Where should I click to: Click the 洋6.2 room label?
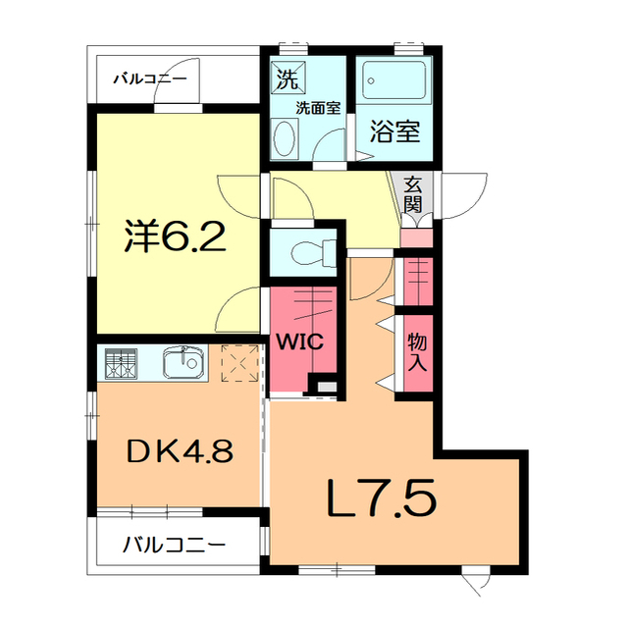176,235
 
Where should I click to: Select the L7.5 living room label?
381,501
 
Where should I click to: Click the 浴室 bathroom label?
394,131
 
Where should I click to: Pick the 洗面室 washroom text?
319,108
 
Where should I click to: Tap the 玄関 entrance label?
412,193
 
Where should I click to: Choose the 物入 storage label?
416,350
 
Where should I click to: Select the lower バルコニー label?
174,544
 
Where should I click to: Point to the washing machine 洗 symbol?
288,76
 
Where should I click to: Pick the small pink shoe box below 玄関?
415,237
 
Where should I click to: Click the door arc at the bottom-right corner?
478,582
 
